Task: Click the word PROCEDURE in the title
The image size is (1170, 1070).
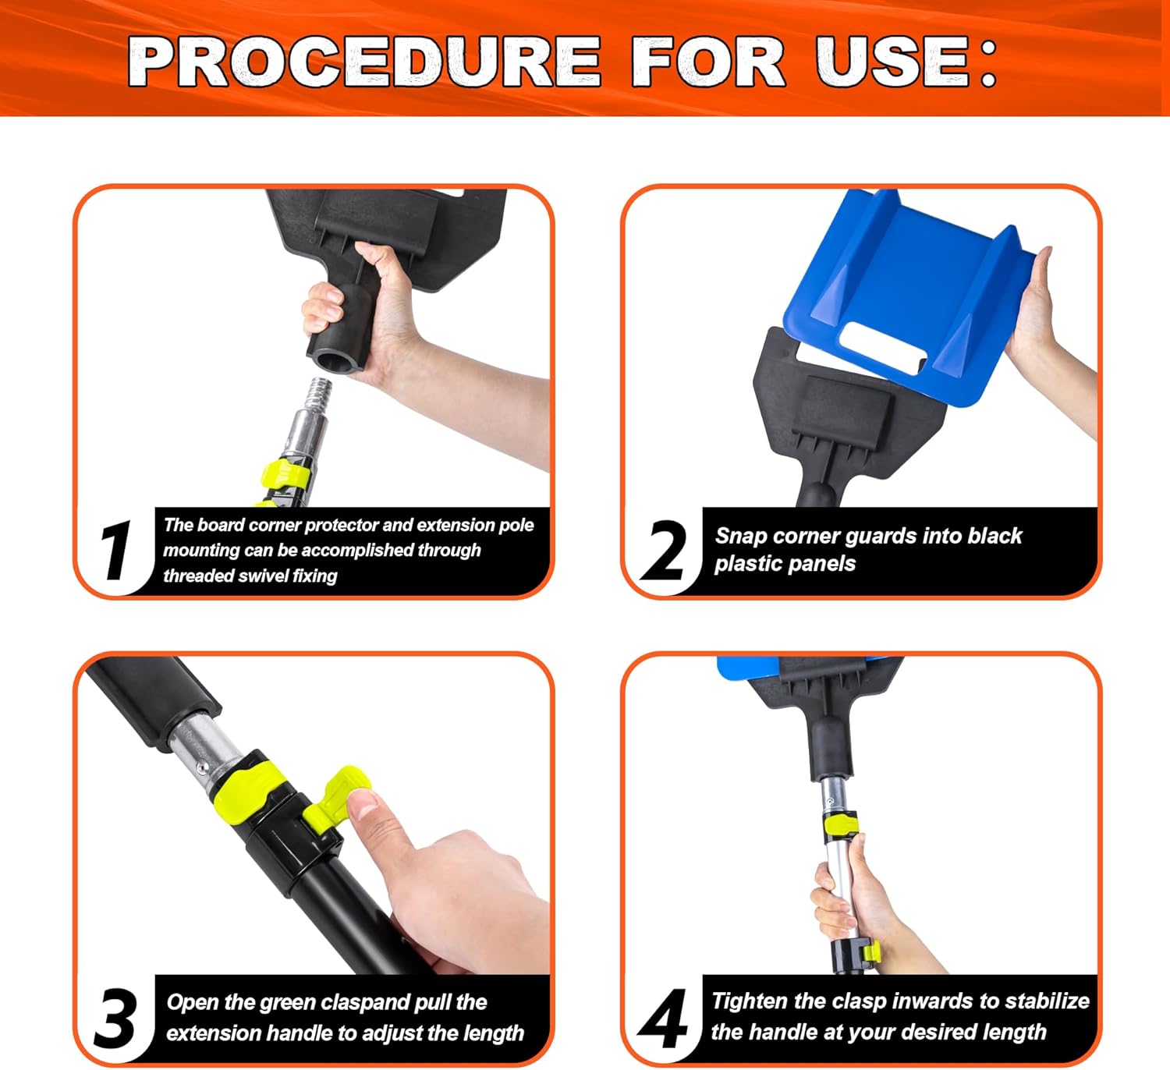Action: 364,61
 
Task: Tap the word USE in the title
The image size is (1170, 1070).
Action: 892,61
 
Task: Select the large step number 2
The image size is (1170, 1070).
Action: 663,550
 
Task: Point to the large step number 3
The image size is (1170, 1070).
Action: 116,1018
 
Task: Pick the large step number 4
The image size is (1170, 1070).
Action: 663,1018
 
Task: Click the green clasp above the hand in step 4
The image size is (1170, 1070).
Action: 841,825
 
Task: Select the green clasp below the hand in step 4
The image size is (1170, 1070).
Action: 871,952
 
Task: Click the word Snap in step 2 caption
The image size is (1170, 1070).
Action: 741,536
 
